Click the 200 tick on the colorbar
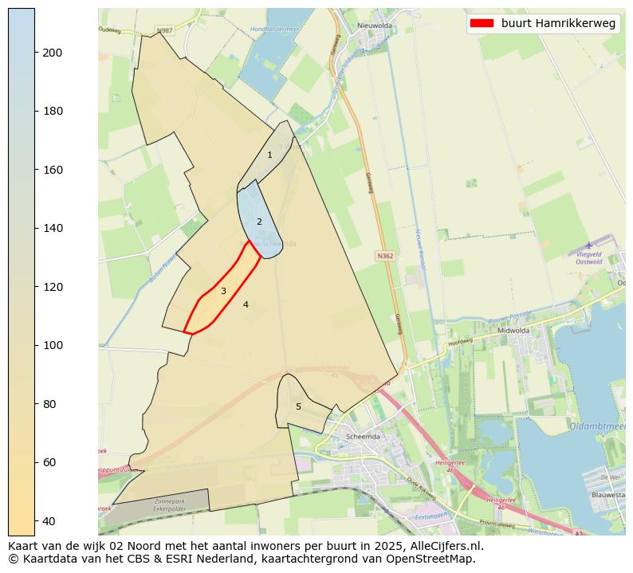click(35, 53)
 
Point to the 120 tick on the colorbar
click(35, 287)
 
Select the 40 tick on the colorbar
click(35, 521)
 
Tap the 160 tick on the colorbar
click(35, 170)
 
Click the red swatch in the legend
click(482, 24)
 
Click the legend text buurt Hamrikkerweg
click(558, 24)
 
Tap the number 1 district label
click(269, 155)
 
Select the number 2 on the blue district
click(259, 222)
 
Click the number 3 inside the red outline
click(223, 291)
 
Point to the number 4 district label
click(246, 304)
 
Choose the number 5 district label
click(298, 406)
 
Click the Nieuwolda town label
click(375, 26)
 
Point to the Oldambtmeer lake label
click(600, 426)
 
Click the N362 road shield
click(384, 256)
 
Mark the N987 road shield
click(164, 30)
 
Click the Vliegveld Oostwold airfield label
click(588, 257)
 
